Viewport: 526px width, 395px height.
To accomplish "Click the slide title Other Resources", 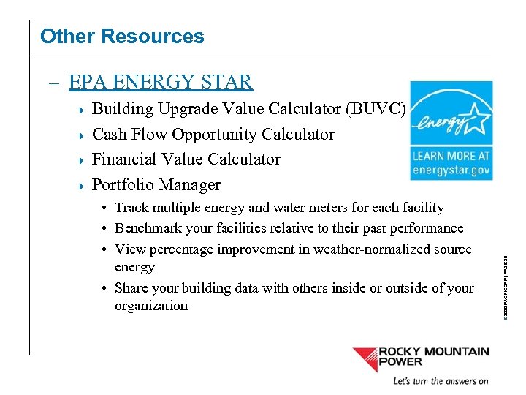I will [x=122, y=36].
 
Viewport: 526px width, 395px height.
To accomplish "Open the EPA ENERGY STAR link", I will [x=161, y=82].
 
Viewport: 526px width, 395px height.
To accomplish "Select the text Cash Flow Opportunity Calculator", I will [x=213, y=135].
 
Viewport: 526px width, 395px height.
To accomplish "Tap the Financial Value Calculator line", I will [x=186, y=159].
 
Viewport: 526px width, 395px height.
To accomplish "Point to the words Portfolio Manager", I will [x=156, y=184].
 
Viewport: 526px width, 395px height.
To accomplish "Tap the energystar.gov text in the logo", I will [x=451, y=170].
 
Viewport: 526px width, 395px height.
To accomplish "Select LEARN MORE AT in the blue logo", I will [x=451, y=156].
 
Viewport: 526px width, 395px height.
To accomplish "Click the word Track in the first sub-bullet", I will [x=132, y=208].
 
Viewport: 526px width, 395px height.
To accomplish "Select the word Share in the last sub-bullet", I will [x=131, y=288].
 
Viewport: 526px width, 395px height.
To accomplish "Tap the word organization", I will [x=151, y=306].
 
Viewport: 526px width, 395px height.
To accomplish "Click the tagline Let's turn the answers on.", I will [x=441, y=381].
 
